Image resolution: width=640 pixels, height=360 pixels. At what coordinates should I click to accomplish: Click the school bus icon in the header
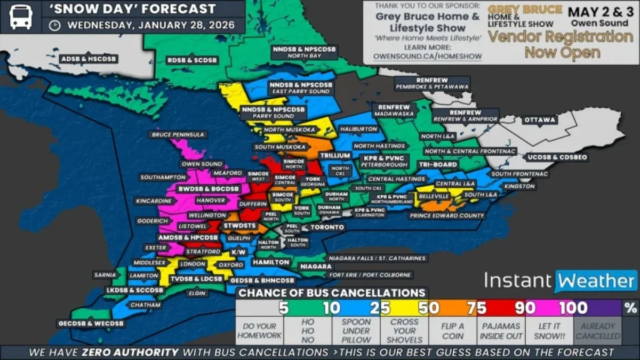click(x=20, y=17)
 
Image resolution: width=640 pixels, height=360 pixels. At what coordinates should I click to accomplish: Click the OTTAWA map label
click(x=540, y=120)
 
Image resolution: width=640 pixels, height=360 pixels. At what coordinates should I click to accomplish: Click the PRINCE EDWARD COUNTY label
click(x=446, y=216)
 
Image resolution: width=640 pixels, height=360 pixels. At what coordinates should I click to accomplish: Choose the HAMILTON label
click(x=271, y=262)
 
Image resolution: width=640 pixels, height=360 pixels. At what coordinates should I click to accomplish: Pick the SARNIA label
click(x=105, y=275)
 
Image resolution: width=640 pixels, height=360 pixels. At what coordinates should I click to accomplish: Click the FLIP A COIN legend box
click(x=452, y=331)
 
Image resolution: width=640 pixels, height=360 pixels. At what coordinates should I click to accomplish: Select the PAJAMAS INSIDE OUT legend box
click(x=501, y=331)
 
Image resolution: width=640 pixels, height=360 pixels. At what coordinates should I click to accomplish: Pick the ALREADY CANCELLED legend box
click(x=597, y=331)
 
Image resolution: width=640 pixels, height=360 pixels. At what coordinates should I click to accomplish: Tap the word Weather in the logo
click(x=596, y=281)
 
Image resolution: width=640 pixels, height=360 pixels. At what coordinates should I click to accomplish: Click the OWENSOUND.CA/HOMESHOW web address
click(x=427, y=56)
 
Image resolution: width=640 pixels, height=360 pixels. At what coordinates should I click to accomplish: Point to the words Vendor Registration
click(x=560, y=37)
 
